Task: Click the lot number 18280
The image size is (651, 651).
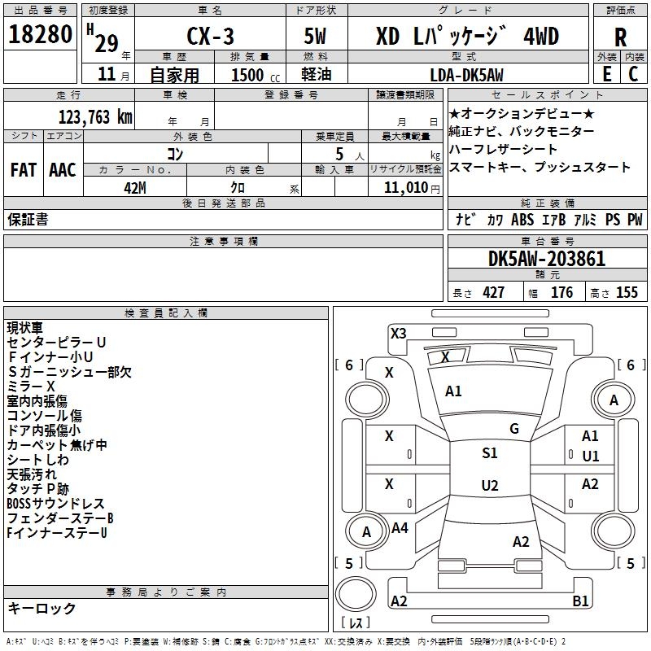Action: (x=40, y=34)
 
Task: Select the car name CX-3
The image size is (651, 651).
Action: (x=210, y=36)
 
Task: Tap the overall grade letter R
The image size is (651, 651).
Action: (x=620, y=37)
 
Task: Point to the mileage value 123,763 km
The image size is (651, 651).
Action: (x=95, y=117)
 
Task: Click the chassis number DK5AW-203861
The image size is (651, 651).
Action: (x=547, y=259)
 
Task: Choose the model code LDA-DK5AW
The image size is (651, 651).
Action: (x=466, y=75)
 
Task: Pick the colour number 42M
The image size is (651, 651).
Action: (x=135, y=188)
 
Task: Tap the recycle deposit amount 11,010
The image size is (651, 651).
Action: (x=405, y=188)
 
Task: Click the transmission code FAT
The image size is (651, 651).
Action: (x=24, y=170)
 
